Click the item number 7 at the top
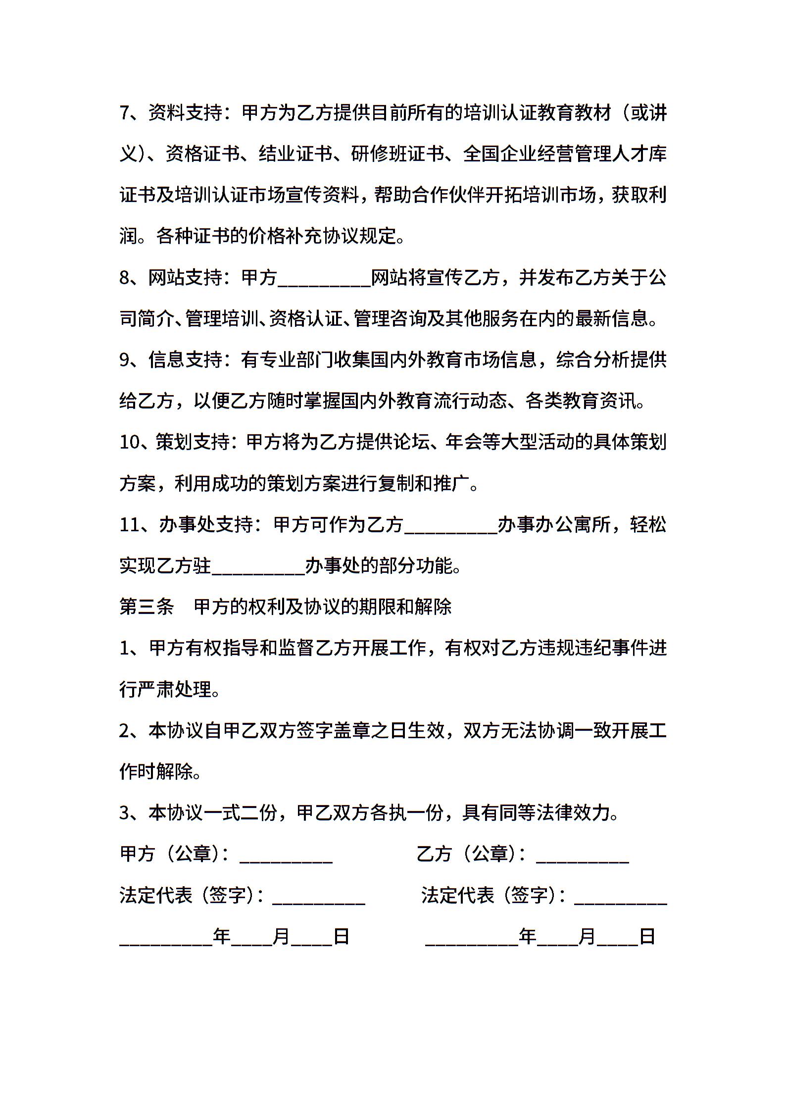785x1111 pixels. click(125, 113)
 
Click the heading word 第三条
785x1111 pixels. click(147, 606)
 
